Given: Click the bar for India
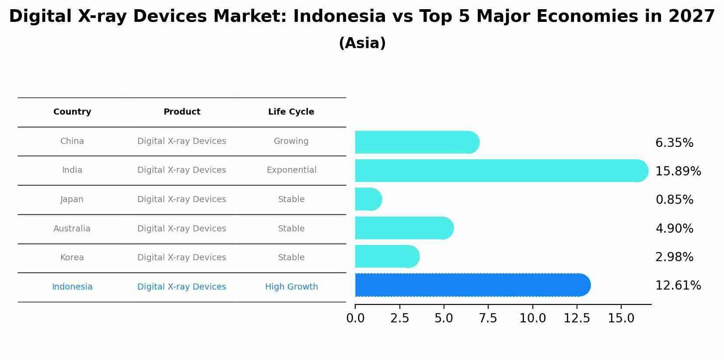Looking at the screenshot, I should click(x=499, y=171).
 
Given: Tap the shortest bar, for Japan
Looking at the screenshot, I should click(x=368, y=199).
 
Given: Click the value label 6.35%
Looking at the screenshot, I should click(x=674, y=143).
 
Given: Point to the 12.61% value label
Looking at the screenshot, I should click(x=678, y=286).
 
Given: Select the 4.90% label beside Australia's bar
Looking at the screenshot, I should click(x=674, y=229).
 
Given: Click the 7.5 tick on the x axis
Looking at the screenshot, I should click(x=488, y=318).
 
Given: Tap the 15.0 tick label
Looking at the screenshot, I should click(x=621, y=318).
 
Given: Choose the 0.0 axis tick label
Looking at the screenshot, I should click(x=355, y=318).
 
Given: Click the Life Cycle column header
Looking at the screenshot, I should click(x=291, y=112).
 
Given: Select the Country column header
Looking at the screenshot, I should click(x=72, y=112).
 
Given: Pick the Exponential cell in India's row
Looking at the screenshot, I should click(x=291, y=170).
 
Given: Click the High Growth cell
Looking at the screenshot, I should click(x=291, y=287).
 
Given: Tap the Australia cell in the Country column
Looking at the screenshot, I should click(x=72, y=229).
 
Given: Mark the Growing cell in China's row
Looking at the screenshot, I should click(x=291, y=141).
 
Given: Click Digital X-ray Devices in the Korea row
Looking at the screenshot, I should click(x=182, y=258).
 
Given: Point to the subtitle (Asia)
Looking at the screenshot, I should click(x=362, y=43).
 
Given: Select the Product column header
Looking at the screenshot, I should click(x=182, y=112).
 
